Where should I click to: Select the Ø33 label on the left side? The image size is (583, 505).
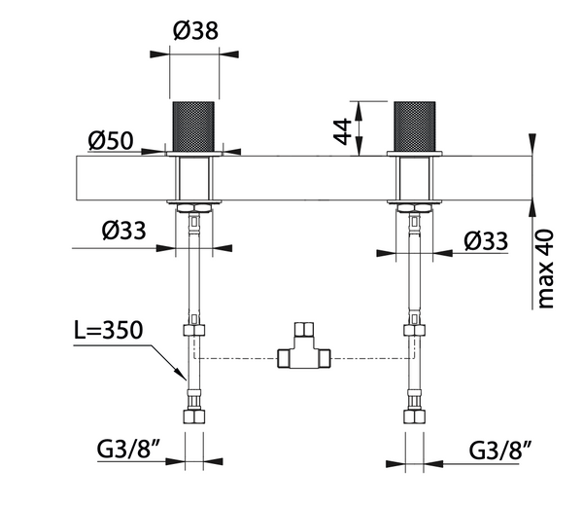[x=125, y=232]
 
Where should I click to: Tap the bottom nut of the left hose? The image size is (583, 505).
[x=195, y=416]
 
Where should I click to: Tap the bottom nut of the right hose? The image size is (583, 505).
[x=415, y=416]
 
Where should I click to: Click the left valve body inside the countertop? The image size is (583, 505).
[x=196, y=178]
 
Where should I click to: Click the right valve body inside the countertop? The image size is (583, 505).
[x=415, y=178]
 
